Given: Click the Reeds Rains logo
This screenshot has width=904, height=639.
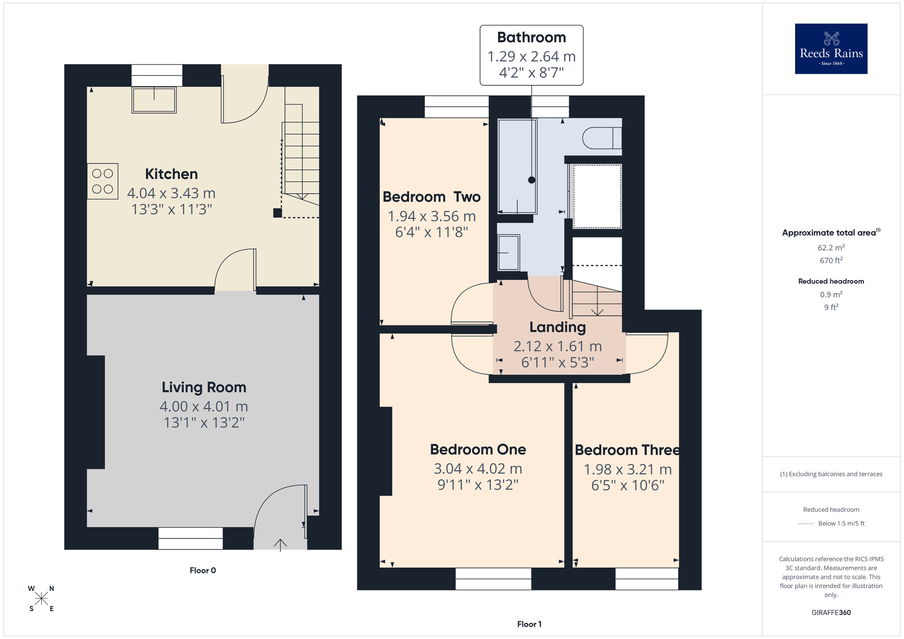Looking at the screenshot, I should [x=831, y=49].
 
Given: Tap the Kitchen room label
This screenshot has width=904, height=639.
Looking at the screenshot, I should [x=171, y=174].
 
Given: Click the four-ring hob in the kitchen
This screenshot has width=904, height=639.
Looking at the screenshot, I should [x=103, y=181].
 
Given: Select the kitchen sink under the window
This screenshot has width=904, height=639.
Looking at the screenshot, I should [x=154, y=100].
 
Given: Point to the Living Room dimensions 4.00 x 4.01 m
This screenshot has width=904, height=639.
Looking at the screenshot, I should [x=204, y=407].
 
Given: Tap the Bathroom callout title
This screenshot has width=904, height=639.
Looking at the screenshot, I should [x=532, y=38].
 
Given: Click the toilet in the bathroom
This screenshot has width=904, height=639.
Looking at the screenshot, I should [x=602, y=138].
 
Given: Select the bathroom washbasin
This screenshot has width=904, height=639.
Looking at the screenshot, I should [x=508, y=253].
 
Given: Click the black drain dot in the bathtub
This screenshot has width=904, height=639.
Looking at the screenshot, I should [x=532, y=180].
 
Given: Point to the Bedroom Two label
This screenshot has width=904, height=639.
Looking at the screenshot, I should [x=431, y=197].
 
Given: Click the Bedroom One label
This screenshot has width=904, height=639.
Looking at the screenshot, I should [x=478, y=450].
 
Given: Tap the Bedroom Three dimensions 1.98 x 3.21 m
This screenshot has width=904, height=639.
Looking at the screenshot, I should [x=627, y=470].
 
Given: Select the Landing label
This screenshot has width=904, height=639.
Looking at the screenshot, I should [x=557, y=327].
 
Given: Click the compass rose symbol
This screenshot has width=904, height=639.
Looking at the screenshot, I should [x=41, y=599].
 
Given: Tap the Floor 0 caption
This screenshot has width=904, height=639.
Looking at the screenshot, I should [x=202, y=571].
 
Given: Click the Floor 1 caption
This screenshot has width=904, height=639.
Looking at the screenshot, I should [x=529, y=624].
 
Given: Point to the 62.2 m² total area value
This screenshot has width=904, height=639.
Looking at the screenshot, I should [x=831, y=248].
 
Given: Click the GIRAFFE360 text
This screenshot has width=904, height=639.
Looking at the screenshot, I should [x=831, y=613].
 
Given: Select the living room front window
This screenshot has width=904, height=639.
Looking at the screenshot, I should [x=190, y=538].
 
